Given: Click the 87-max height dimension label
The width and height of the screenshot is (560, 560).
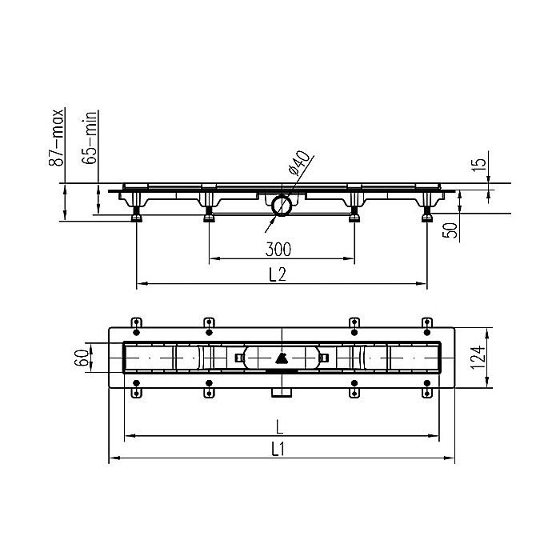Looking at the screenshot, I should coord(57,138).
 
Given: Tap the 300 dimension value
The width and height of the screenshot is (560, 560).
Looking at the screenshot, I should coord(278,249).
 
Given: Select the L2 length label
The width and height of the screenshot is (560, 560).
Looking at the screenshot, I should coord(278,274).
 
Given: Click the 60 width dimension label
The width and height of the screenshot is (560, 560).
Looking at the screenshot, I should coord(81,357).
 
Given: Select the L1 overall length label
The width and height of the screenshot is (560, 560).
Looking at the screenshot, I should coord(278,450).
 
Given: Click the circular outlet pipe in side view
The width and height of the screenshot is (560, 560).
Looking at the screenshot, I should coord(281,206).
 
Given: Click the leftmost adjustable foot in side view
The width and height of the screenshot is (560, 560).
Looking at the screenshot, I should coord(137,214).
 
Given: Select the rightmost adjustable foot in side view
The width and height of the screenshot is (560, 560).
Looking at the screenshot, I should coord(426,214).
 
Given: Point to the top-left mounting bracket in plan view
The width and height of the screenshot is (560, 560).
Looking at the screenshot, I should coord(136,323).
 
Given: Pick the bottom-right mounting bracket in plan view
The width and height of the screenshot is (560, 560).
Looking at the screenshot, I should coord(426,391).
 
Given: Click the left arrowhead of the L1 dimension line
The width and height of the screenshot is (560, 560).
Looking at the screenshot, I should coord(111,458).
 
